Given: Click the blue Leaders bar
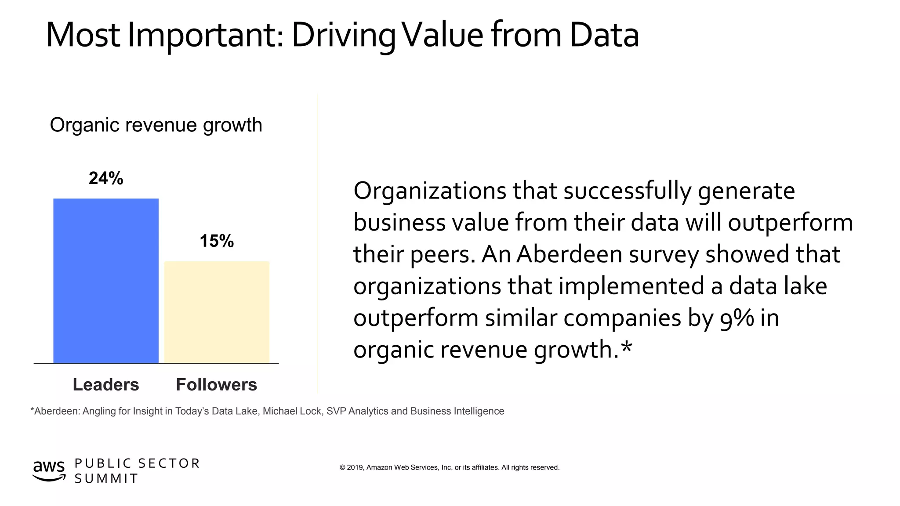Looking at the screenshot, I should tap(106, 281).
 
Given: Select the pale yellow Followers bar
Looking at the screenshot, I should tap(217, 312).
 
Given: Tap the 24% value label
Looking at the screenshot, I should tap(106, 178).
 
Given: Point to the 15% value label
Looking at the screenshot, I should tap(217, 241).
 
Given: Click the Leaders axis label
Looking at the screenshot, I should tap(106, 385).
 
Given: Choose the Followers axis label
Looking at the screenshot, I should tap(217, 385).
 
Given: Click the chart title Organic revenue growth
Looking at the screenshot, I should tap(156, 125).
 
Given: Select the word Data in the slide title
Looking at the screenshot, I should tap(604, 35).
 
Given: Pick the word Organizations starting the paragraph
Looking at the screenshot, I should tap(430, 191).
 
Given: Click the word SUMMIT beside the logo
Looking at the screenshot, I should tap(106, 479).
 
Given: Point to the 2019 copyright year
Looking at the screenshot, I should tap(355, 467).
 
